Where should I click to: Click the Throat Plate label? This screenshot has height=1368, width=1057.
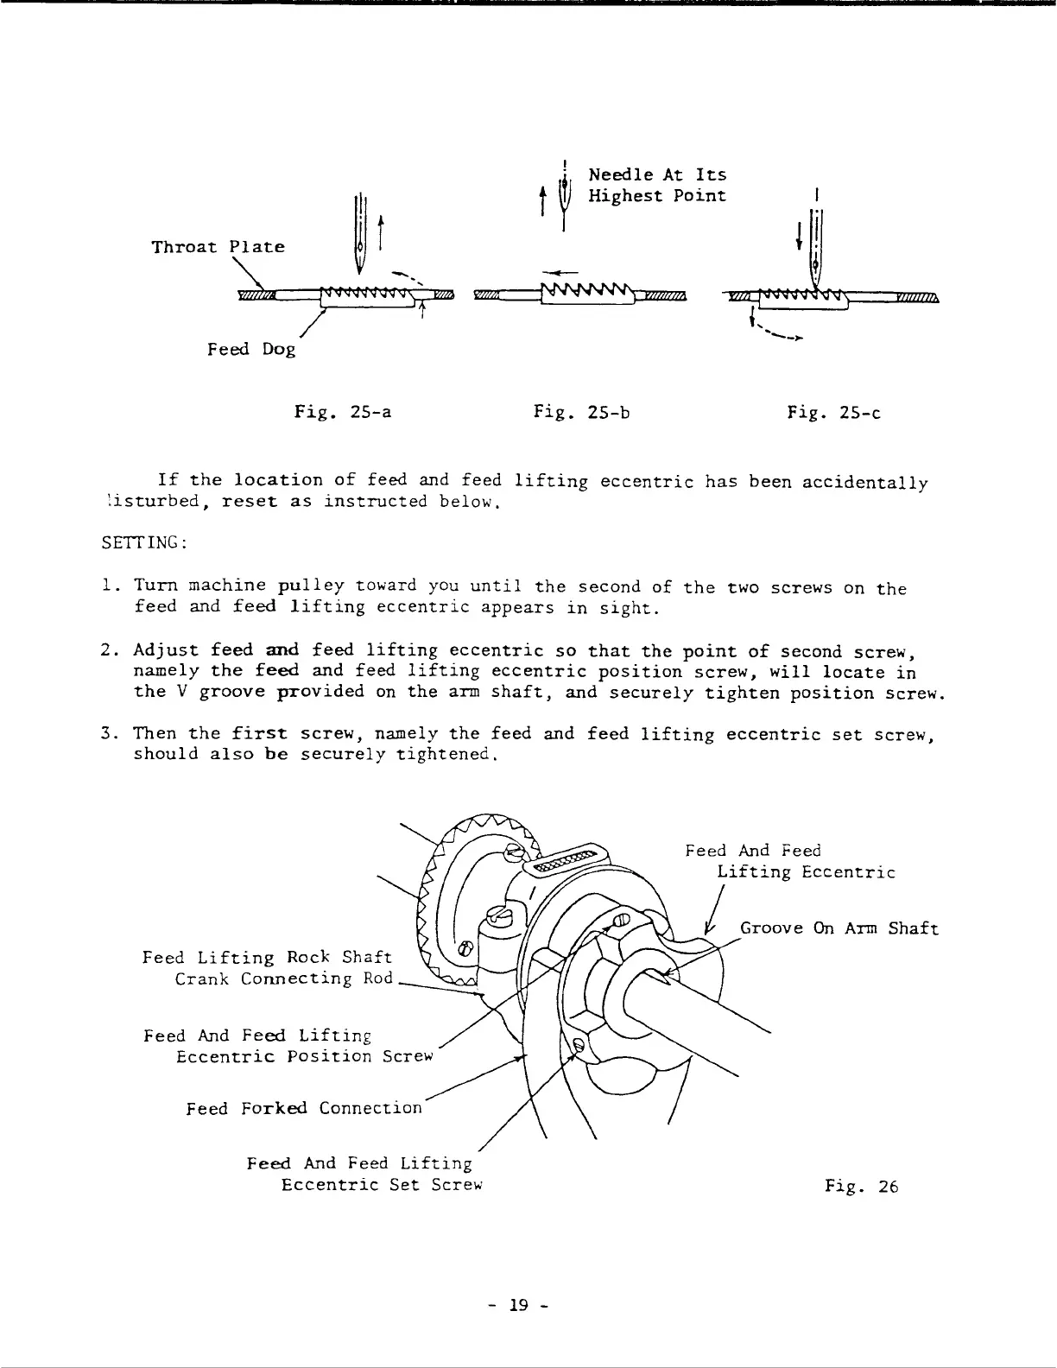[218, 247]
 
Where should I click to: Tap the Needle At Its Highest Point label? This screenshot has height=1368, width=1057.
[656, 186]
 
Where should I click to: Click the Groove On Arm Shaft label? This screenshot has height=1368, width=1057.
[839, 928]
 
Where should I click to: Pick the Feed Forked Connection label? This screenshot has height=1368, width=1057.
[304, 1108]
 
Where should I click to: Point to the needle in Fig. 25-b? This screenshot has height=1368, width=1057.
[563, 200]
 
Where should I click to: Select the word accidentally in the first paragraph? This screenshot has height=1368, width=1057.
[865, 482]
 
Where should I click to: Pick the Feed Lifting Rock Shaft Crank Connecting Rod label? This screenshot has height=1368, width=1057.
[268, 967]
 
